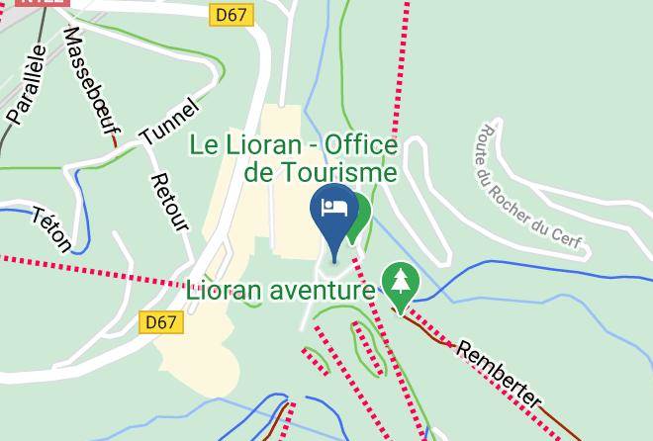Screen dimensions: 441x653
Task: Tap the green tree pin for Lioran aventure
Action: click(400, 283)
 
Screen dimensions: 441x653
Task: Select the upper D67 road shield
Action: click(233, 15)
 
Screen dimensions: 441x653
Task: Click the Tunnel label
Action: click(169, 123)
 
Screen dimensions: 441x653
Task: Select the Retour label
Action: click(169, 204)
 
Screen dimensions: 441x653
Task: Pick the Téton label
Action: click(51, 229)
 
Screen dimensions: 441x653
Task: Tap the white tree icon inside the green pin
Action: click(400, 279)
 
